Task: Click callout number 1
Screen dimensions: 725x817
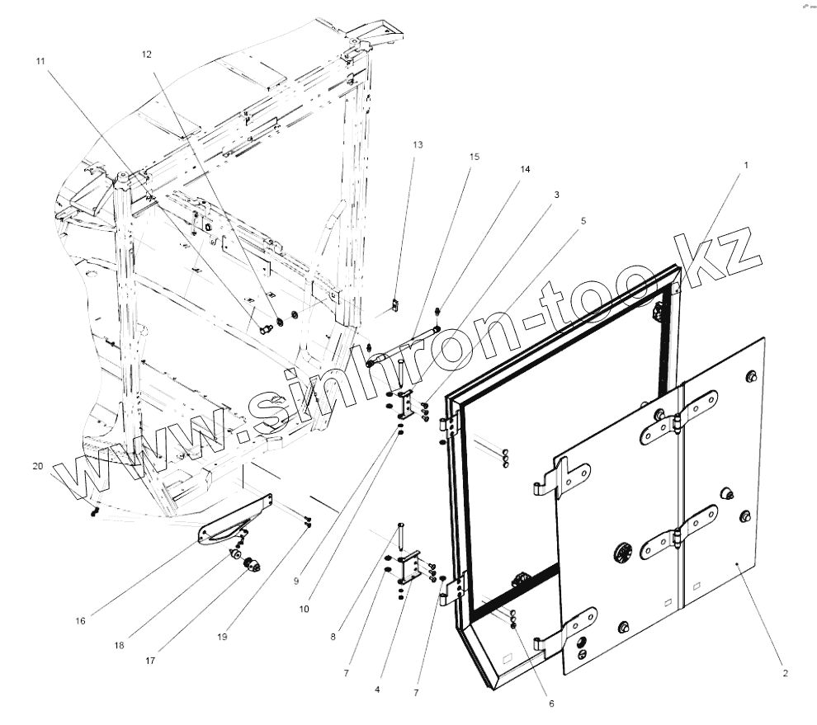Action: pyautogui.click(x=746, y=165)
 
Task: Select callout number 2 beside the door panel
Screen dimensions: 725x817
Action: pyautogui.click(x=786, y=673)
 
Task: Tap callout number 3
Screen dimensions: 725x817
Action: pyautogui.click(x=557, y=195)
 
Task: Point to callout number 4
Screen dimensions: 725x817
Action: pyautogui.click(x=378, y=689)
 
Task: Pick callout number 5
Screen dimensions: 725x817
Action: pyautogui.click(x=583, y=221)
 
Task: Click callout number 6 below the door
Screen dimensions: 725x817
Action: pyautogui.click(x=551, y=704)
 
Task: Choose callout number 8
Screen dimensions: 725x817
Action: pyautogui.click(x=333, y=637)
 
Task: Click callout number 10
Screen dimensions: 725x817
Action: pyautogui.click(x=305, y=609)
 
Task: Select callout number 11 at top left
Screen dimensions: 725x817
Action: pyautogui.click(x=40, y=62)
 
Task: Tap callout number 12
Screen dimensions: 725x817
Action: pyautogui.click(x=147, y=54)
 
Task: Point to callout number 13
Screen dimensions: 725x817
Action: pyautogui.click(x=418, y=144)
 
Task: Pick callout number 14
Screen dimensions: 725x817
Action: pyautogui.click(x=525, y=168)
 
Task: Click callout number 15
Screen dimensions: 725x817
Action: pyautogui.click(x=475, y=156)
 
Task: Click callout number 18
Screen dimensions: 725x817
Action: pyautogui.click(x=119, y=645)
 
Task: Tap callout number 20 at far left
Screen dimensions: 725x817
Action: pyautogui.click(x=37, y=466)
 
